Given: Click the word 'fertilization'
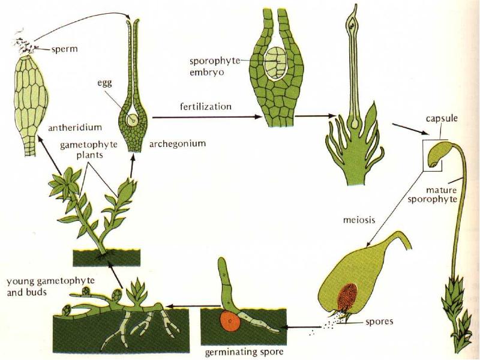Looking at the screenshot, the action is [206, 106].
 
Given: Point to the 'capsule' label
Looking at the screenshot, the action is [442, 118].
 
